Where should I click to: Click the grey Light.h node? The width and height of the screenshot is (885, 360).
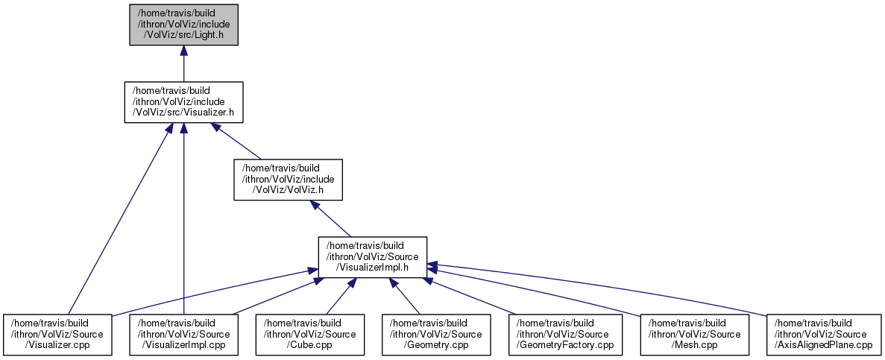[x=183, y=25]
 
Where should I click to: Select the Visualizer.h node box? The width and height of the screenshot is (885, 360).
[x=183, y=102]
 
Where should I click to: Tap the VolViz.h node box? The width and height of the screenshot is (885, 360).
[x=289, y=180]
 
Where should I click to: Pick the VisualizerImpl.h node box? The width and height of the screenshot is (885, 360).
[x=372, y=256]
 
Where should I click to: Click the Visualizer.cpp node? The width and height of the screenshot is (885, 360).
[x=58, y=335]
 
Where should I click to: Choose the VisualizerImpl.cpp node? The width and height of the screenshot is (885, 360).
[x=184, y=335]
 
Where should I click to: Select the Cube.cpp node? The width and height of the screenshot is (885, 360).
[x=310, y=335]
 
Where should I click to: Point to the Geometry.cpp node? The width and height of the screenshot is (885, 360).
[x=436, y=335]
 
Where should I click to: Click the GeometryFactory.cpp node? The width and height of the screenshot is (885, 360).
[x=566, y=335]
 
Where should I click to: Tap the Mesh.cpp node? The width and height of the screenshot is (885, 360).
[x=695, y=335]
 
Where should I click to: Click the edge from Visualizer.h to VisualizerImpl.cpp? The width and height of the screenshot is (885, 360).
[x=183, y=219]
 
